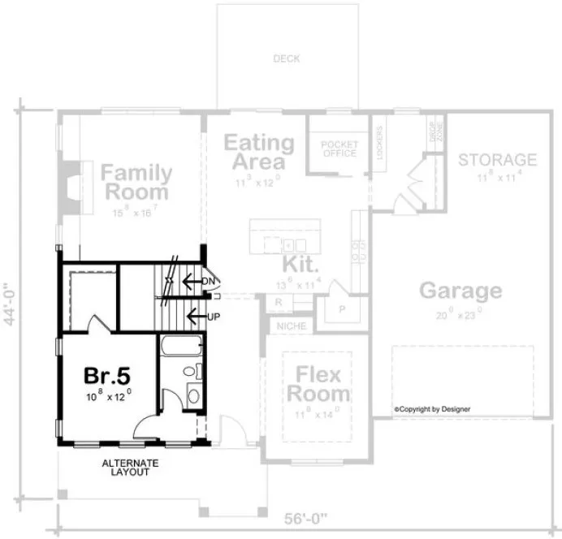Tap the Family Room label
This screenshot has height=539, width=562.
tap(136, 183)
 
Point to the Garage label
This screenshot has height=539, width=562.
tap(460, 291)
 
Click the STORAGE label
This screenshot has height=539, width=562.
tap(497, 159)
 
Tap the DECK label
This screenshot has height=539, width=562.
tap(286, 58)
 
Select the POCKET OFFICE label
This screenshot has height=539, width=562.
tap(339, 148)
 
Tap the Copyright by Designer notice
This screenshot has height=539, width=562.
tap(433, 409)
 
